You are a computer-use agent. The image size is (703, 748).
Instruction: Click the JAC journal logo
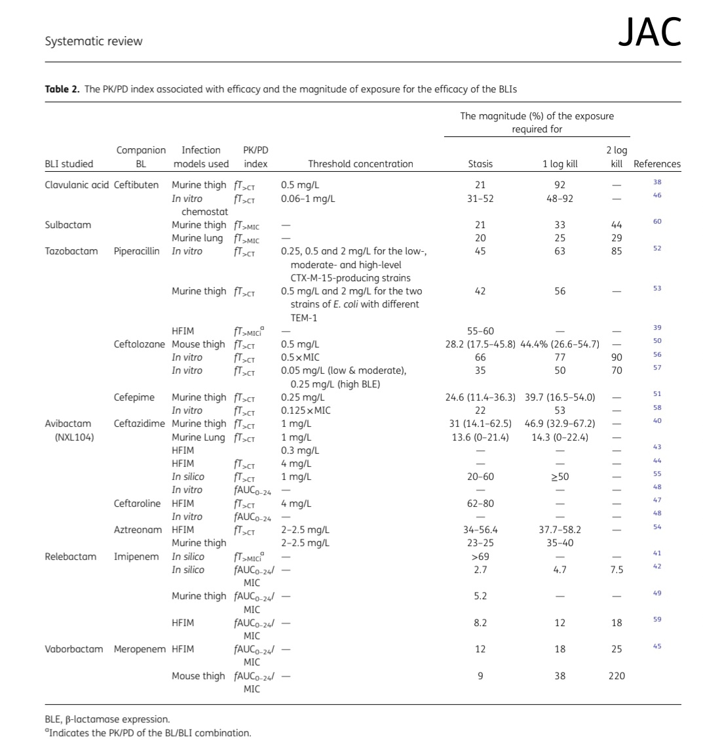click(649, 33)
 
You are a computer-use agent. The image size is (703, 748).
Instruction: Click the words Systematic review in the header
click(94, 41)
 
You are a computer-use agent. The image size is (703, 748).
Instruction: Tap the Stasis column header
click(480, 164)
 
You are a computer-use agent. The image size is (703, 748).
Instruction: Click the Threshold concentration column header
click(360, 164)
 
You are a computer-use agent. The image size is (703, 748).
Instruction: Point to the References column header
click(656, 164)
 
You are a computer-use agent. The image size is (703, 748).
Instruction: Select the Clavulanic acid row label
click(77, 185)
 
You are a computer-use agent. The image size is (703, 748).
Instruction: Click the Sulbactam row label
click(67, 225)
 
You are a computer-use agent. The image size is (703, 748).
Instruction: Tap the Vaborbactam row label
click(73, 649)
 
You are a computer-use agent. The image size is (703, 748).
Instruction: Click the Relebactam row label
click(70, 557)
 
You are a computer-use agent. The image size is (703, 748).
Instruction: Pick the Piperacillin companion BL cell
click(136, 251)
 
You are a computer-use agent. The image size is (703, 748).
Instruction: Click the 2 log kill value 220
click(616, 676)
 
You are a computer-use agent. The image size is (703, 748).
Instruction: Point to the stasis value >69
click(480, 557)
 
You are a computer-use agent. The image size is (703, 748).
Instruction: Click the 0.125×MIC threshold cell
click(307, 410)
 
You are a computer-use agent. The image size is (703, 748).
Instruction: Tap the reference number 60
click(657, 222)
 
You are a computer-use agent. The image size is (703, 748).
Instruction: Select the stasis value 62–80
click(480, 503)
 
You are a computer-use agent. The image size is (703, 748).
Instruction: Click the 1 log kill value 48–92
click(560, 198)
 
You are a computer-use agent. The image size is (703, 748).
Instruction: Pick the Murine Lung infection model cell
click(199, 437)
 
